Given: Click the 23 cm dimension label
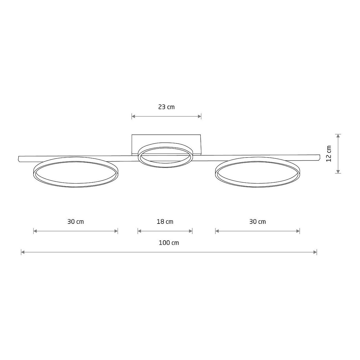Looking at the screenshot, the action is (x=166, y=107).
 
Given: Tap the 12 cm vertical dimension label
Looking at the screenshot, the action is (x=328, y=154).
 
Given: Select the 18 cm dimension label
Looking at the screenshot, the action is (x=165, y=222).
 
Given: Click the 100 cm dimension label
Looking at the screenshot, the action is (x=169, y=243).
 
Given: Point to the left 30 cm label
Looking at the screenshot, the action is (x=76, y=222).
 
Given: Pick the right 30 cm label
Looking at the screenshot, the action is (x=257, y=222).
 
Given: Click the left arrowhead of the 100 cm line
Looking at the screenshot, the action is (x=23, y=252).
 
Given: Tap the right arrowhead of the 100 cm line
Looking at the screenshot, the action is (x=315, y=252).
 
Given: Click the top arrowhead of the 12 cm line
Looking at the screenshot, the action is (x=338, y=136).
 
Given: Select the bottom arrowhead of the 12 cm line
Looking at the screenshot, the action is (x=338, y=172).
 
